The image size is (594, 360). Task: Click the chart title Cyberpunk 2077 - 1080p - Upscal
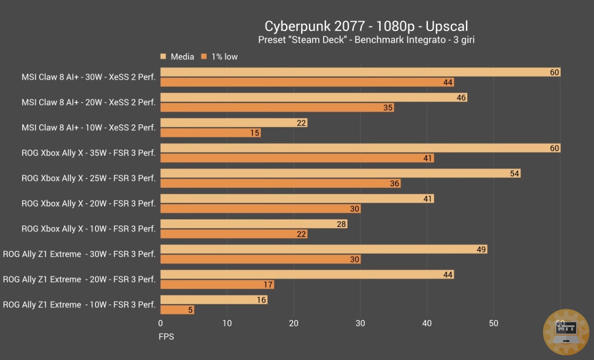point(366,26)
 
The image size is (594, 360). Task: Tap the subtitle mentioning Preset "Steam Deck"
point(366,40)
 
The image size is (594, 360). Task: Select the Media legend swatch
point(163,57)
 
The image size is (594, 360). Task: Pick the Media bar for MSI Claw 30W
point(360,72)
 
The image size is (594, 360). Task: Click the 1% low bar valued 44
point(307,83)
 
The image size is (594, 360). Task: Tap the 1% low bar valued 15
point(210,133)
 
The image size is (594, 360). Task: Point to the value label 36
point(394,184)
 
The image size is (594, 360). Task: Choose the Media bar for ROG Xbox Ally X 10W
point(253,224)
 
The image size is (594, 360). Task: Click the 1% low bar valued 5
point(177,310)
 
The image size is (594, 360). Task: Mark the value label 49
point(481,250)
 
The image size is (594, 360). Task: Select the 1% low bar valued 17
point(217,284)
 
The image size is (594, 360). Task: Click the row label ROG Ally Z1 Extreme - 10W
point(79,305)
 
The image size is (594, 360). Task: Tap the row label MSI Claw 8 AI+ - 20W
point(89,103)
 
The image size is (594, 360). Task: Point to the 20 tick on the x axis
point(294,323)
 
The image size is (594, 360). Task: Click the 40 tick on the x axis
point(427,323)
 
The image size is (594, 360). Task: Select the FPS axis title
point(166,336)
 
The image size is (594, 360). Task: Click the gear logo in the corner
point(566,332)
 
